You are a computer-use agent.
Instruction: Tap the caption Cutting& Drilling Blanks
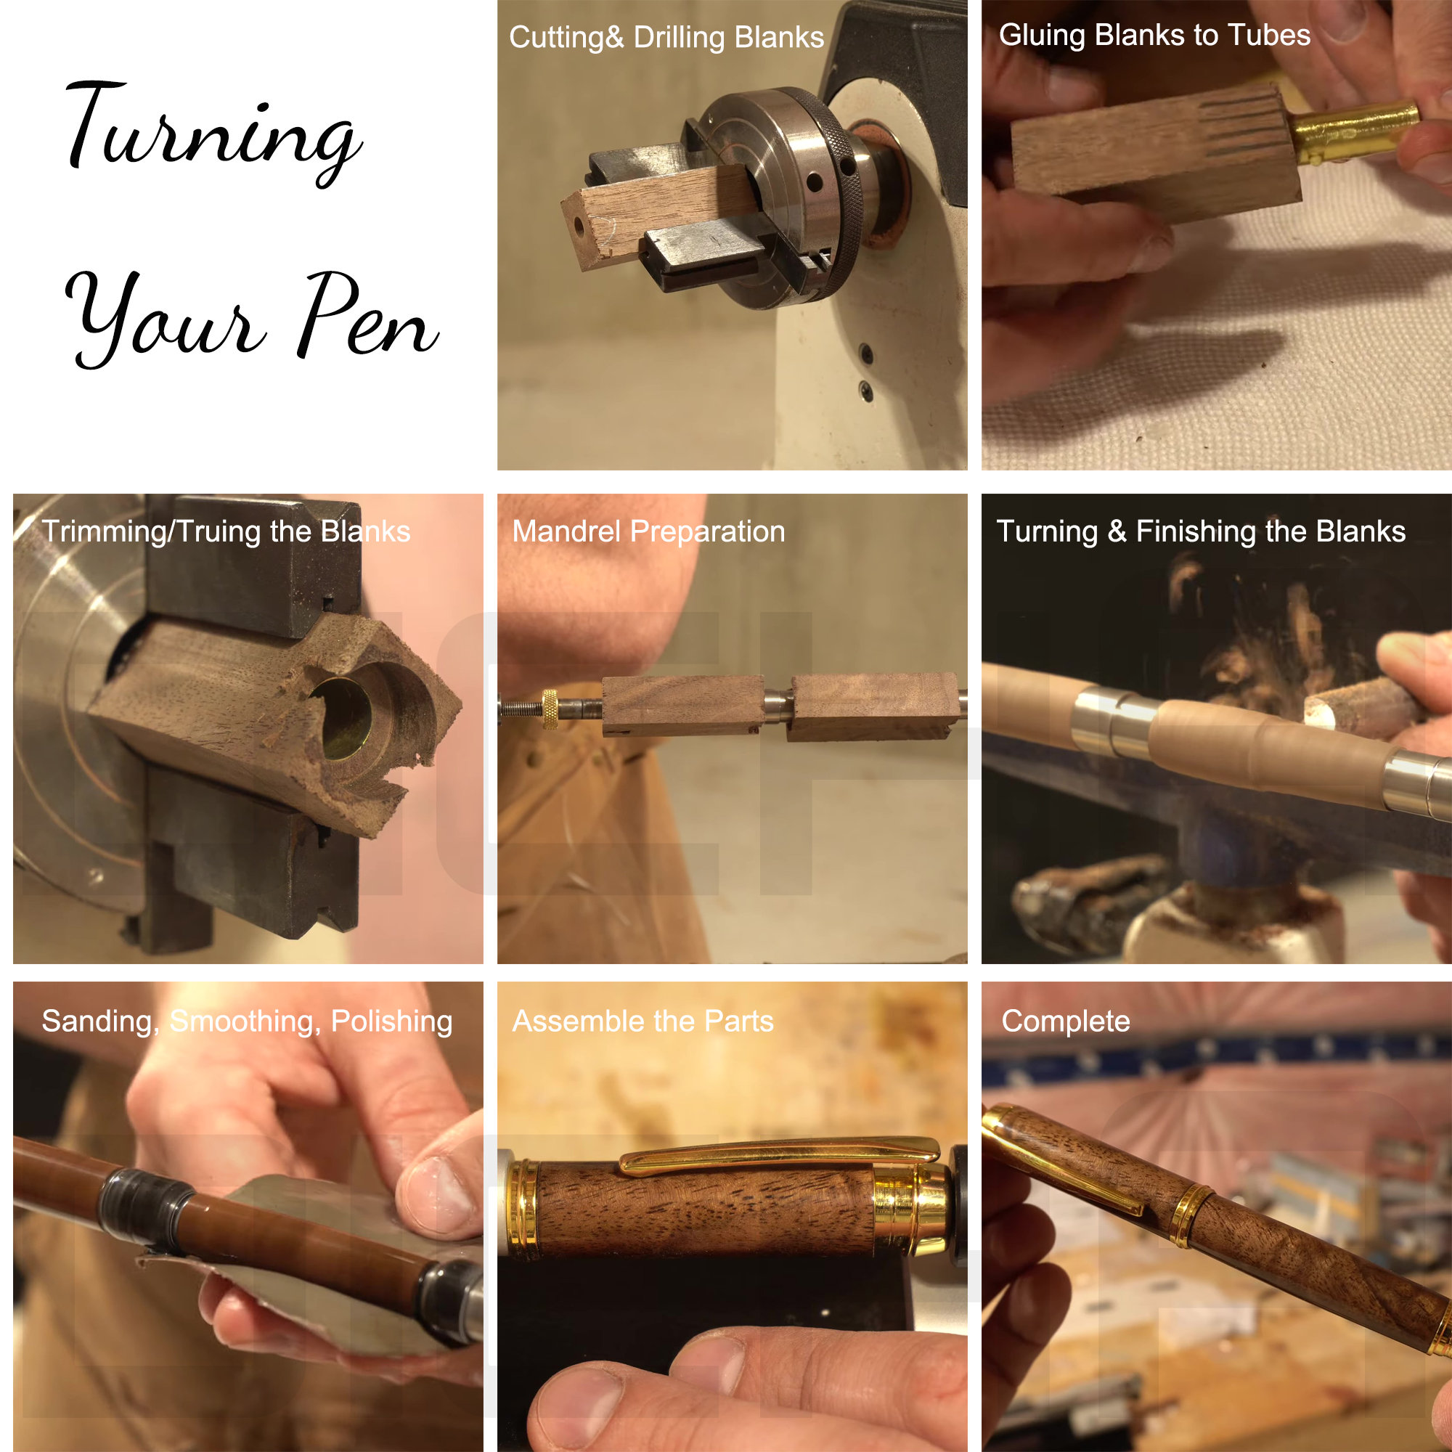point(666,38)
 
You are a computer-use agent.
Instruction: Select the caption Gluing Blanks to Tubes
point(1154,36)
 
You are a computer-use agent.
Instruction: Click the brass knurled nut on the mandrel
point(550,708)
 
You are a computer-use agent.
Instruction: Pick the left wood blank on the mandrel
point(682,704)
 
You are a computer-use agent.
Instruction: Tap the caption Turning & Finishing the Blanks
point(1200,531)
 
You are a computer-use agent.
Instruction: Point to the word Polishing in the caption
point(391,1021)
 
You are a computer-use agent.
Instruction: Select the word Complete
point(1065,1021)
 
